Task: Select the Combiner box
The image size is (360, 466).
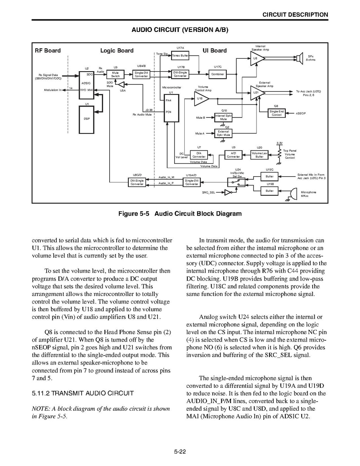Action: click(218, 74)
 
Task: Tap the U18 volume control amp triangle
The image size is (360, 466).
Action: click(201, 99)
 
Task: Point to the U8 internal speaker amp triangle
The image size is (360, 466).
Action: click(256, 58)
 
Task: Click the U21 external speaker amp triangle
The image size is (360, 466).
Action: click(257, 93)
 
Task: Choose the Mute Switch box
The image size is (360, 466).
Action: click(115, 74)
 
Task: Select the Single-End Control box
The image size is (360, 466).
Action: click(277, 113)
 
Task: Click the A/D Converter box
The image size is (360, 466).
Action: click(233, 155)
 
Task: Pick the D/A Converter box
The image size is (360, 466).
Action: click(199, 155)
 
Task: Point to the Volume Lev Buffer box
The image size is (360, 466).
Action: click(260, 155)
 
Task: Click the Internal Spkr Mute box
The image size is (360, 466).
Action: click(223, 117)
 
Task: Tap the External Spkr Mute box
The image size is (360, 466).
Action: click(223, 133)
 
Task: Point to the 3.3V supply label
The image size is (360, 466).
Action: click(279, 143)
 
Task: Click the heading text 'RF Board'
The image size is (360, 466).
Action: click(48, 51)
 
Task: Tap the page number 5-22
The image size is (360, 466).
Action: click(180, 451)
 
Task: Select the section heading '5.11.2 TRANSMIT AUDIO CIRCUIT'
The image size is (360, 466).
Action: click(83, 393)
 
